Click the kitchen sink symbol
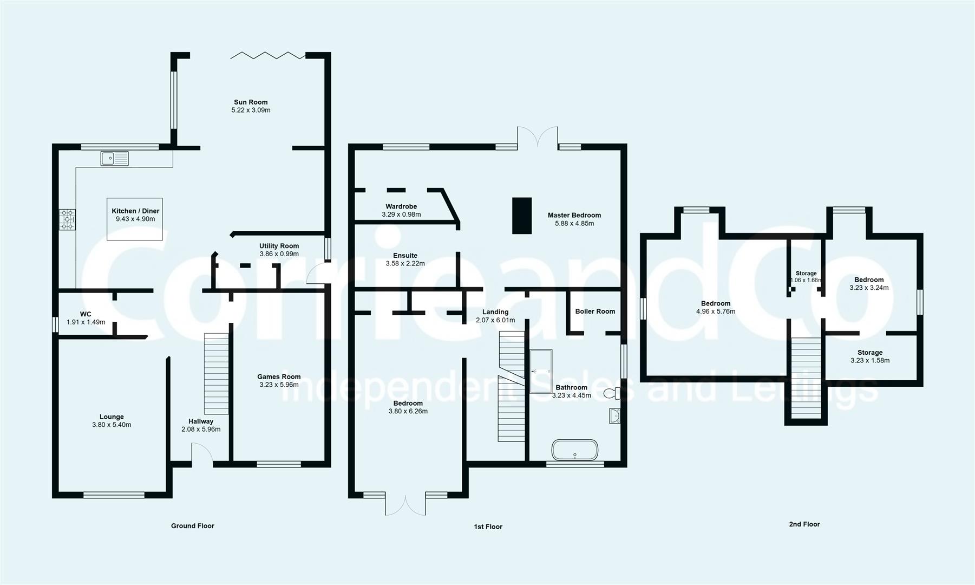[114, 158]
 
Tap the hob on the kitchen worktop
[67, 220]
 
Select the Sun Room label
[251, 102]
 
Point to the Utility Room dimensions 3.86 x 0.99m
[279, 254]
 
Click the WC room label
[86, 314]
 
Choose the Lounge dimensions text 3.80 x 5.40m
[112, 425]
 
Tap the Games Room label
[279, 377]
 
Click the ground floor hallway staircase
[216, 374]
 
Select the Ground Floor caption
[193, 526]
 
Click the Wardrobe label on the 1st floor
[401, 206]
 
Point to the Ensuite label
[405, 256]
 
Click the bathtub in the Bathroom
[575, 450]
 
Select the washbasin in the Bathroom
[614, 415]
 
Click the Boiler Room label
[595, 311]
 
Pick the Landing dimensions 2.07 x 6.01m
[495, 320]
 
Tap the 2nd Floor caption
[804, 524]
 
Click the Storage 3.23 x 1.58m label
[870, 356]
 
